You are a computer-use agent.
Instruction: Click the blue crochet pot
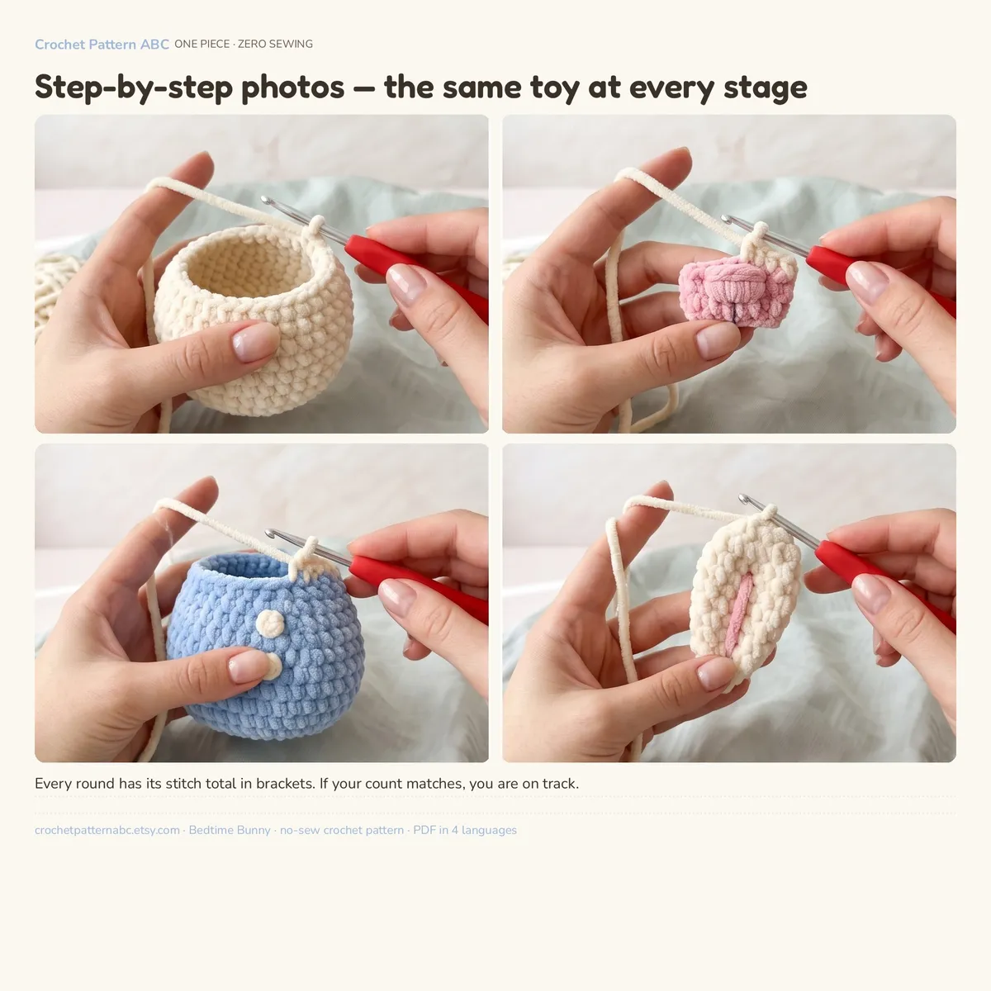[265, 646]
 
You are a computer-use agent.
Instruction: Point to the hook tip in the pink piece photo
[726, 219]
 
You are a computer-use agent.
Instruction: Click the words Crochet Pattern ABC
[102, 45]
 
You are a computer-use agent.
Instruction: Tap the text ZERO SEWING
[275, 45]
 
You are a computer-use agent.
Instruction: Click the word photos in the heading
[292, 87]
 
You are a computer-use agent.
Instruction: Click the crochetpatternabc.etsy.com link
[107, 830]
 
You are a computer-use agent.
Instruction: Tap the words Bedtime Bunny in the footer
[230, 830]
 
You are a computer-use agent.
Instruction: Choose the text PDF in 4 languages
[465, 830]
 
